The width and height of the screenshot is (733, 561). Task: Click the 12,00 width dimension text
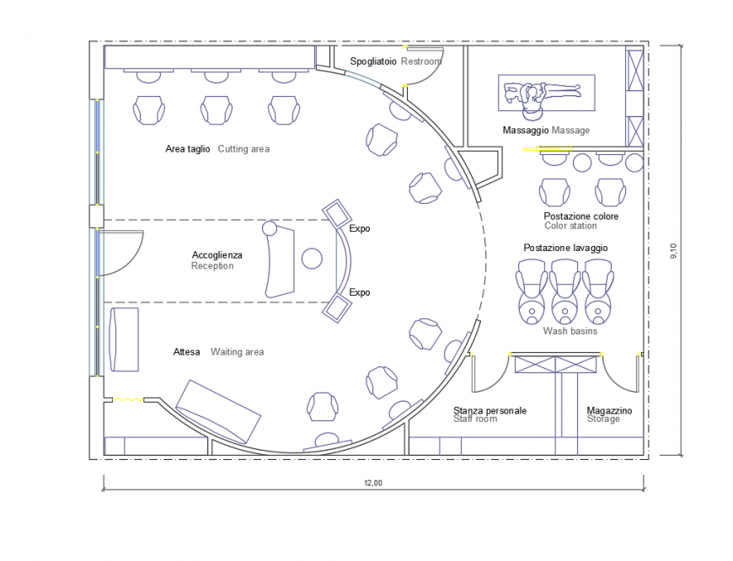pyautogui.click(x=373, y=483)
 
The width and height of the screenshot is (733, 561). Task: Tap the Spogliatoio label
pyautogui.click(x=373, y=61)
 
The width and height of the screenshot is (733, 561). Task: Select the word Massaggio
pyautogui.click(x=526, y=131)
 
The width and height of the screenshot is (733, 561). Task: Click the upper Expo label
pyautogui.click(x=360, y=228)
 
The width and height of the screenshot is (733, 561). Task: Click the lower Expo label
pyautogui.click(x=360, y=292)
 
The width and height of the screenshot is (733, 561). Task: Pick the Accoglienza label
pyautogui.click(x=217, y=254)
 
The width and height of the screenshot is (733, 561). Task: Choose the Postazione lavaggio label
pyautogui.click(x=565, y=248)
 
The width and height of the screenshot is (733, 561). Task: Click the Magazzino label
pyautogui.click(x=609, y=410)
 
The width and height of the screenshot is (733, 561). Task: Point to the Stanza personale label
pyautogui.click(x=490, y=410)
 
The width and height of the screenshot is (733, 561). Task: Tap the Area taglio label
pyautogui.click(x=188, y=149)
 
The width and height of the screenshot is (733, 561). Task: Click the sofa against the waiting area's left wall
pyautogui.click(x=123, y=339)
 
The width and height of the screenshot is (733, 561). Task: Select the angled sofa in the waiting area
pyautogui.click(x=218, y=410)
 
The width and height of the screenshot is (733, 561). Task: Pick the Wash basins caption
pyautogui.click(x=570, y=331)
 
